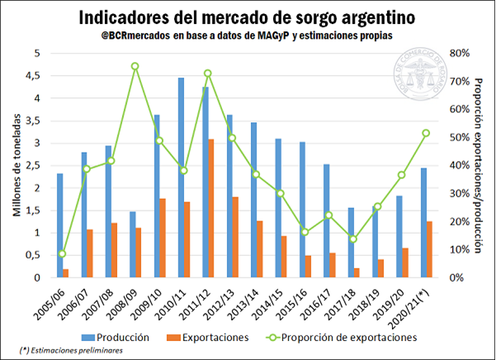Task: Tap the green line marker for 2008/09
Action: (135, 66)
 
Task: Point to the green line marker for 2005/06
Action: (63, 253)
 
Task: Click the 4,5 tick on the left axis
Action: (35, 75)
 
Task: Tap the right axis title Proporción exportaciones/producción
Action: (478, 165)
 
